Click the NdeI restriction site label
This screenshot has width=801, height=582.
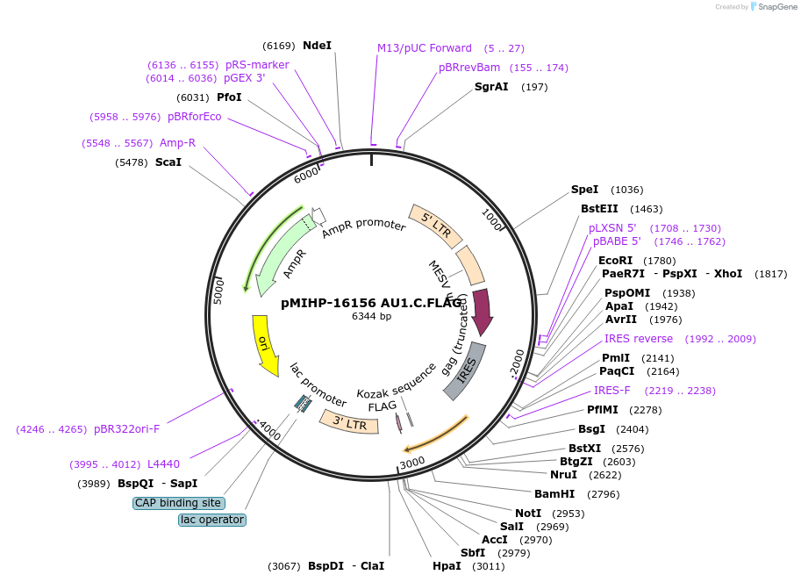click(x=317, y=46)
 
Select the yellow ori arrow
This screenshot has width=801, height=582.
click(x=266, y=346)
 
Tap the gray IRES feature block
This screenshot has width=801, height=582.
click(x=465, y=371)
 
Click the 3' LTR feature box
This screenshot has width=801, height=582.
click(x=350, y=422)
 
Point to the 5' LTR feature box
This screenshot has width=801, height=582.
click(x=436, y=226)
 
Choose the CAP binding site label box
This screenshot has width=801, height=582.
click(x=178, y=503)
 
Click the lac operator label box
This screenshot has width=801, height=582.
click(x=212, y=520)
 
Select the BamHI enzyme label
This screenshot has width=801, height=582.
click(x=554, y=494)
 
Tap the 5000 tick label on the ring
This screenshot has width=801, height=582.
click(x=218, y=291)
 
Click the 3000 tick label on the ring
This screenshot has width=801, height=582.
click(x=411, y=463)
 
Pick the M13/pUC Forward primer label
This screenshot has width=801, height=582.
click(x=425, y=48)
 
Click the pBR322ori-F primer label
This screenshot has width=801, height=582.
click(x=126, y=429)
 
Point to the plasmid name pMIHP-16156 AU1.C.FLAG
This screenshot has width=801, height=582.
click(x=371, y=303)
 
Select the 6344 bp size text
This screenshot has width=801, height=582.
click(x=371, y=316)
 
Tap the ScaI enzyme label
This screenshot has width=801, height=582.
click(x=168, y=162)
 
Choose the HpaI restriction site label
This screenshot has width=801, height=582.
click(x=447, y=566)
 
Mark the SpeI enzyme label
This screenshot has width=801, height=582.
click(x=584, y=190)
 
